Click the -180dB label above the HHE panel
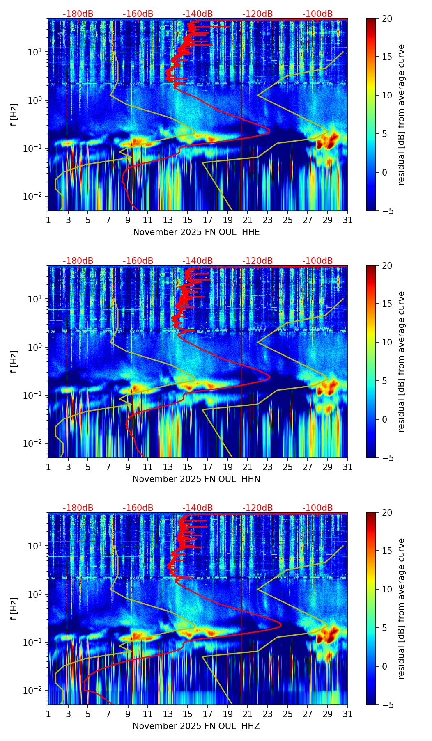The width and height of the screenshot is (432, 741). point(78,14)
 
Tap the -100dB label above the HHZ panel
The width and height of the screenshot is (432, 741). point(317,508)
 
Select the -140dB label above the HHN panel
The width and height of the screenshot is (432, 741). point(198,261)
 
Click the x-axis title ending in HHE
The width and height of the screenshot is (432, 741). point(196,232)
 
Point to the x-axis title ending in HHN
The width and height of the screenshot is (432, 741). point(196,479)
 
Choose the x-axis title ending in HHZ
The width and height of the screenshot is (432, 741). point(196,726)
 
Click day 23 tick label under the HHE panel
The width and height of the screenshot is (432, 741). point(268,220)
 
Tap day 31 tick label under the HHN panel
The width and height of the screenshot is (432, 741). point(347,467)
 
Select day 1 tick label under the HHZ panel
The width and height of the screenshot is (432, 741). point(48,714)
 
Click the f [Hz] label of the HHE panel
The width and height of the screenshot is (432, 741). point(14,114)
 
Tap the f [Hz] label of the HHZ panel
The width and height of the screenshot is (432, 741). point(14,608)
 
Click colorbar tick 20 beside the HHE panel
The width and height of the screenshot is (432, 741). point(387,19)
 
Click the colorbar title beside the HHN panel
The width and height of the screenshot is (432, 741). point(401,361)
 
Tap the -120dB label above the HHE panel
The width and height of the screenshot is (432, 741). point(257,14)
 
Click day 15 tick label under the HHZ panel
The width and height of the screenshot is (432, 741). point(188,714)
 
